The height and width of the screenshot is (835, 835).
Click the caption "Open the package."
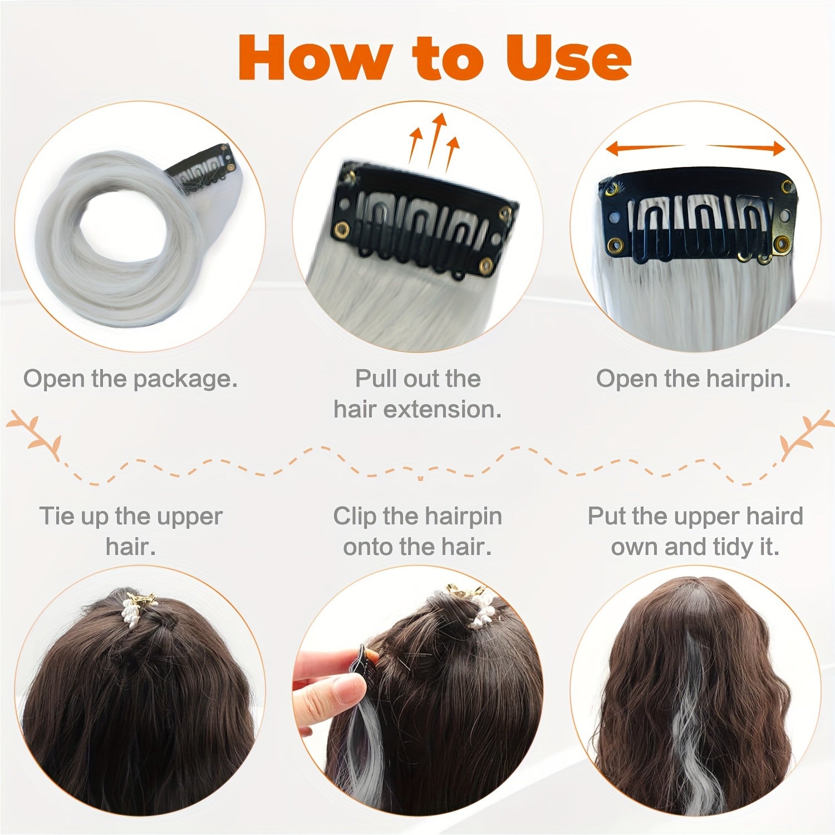click(x=131, y=379)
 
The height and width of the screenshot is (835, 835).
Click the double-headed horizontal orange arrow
click(x=696, y=148)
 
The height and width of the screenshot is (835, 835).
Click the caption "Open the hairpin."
click(x=694, y=379)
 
